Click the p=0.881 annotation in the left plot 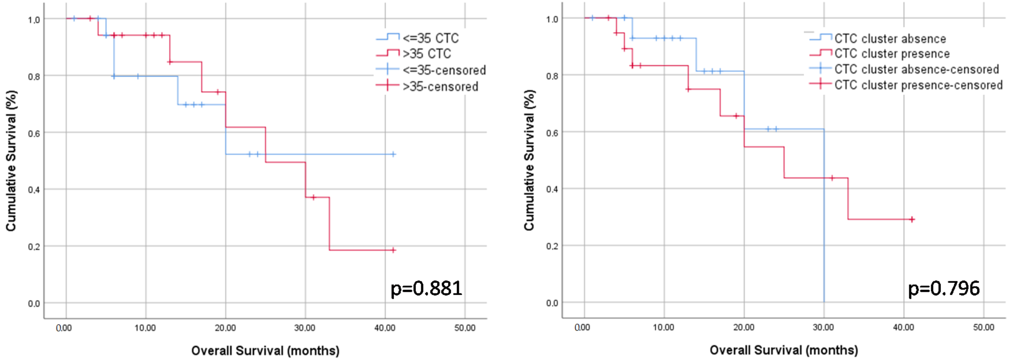[x=426, y=289]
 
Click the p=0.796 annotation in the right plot [x=944, y=289]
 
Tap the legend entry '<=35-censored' [x=444, y=70]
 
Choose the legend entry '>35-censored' [x=440, y=86]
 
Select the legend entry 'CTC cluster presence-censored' [x=918, y=85]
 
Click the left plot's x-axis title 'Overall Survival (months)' [x=265, y=350]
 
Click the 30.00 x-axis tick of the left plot [x=305, y=328]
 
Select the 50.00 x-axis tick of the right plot [x=983, y=327]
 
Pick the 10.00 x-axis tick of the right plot [x=663, y=327]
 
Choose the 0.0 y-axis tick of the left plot [x=34, y=304]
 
